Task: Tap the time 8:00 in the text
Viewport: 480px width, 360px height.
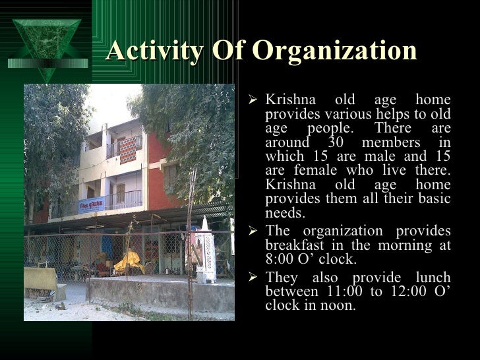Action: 282,259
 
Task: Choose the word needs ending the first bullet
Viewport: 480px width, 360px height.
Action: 283,213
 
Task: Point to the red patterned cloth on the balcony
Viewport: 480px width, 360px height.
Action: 128,150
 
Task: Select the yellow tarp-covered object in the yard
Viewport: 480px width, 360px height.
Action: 129,262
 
